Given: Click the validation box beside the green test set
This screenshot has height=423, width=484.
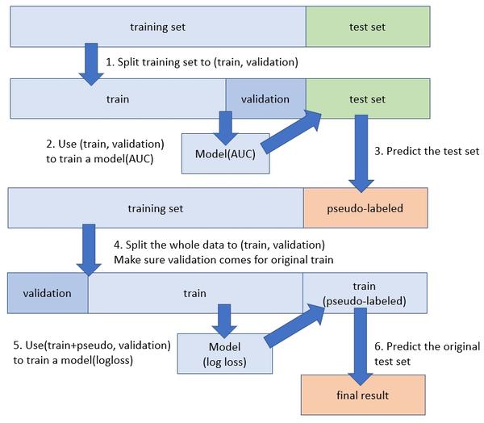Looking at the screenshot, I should point(265,99).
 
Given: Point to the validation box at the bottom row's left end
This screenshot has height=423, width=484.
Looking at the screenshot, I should point(47,291).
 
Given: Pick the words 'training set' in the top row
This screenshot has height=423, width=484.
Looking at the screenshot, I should point(158,27).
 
